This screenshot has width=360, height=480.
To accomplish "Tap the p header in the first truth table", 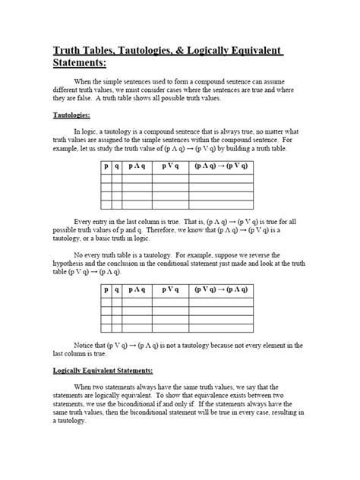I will pyautogui.click(x=106, y=163).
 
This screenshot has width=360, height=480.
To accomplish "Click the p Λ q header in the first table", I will pyautogui.click(x=137, y=163).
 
